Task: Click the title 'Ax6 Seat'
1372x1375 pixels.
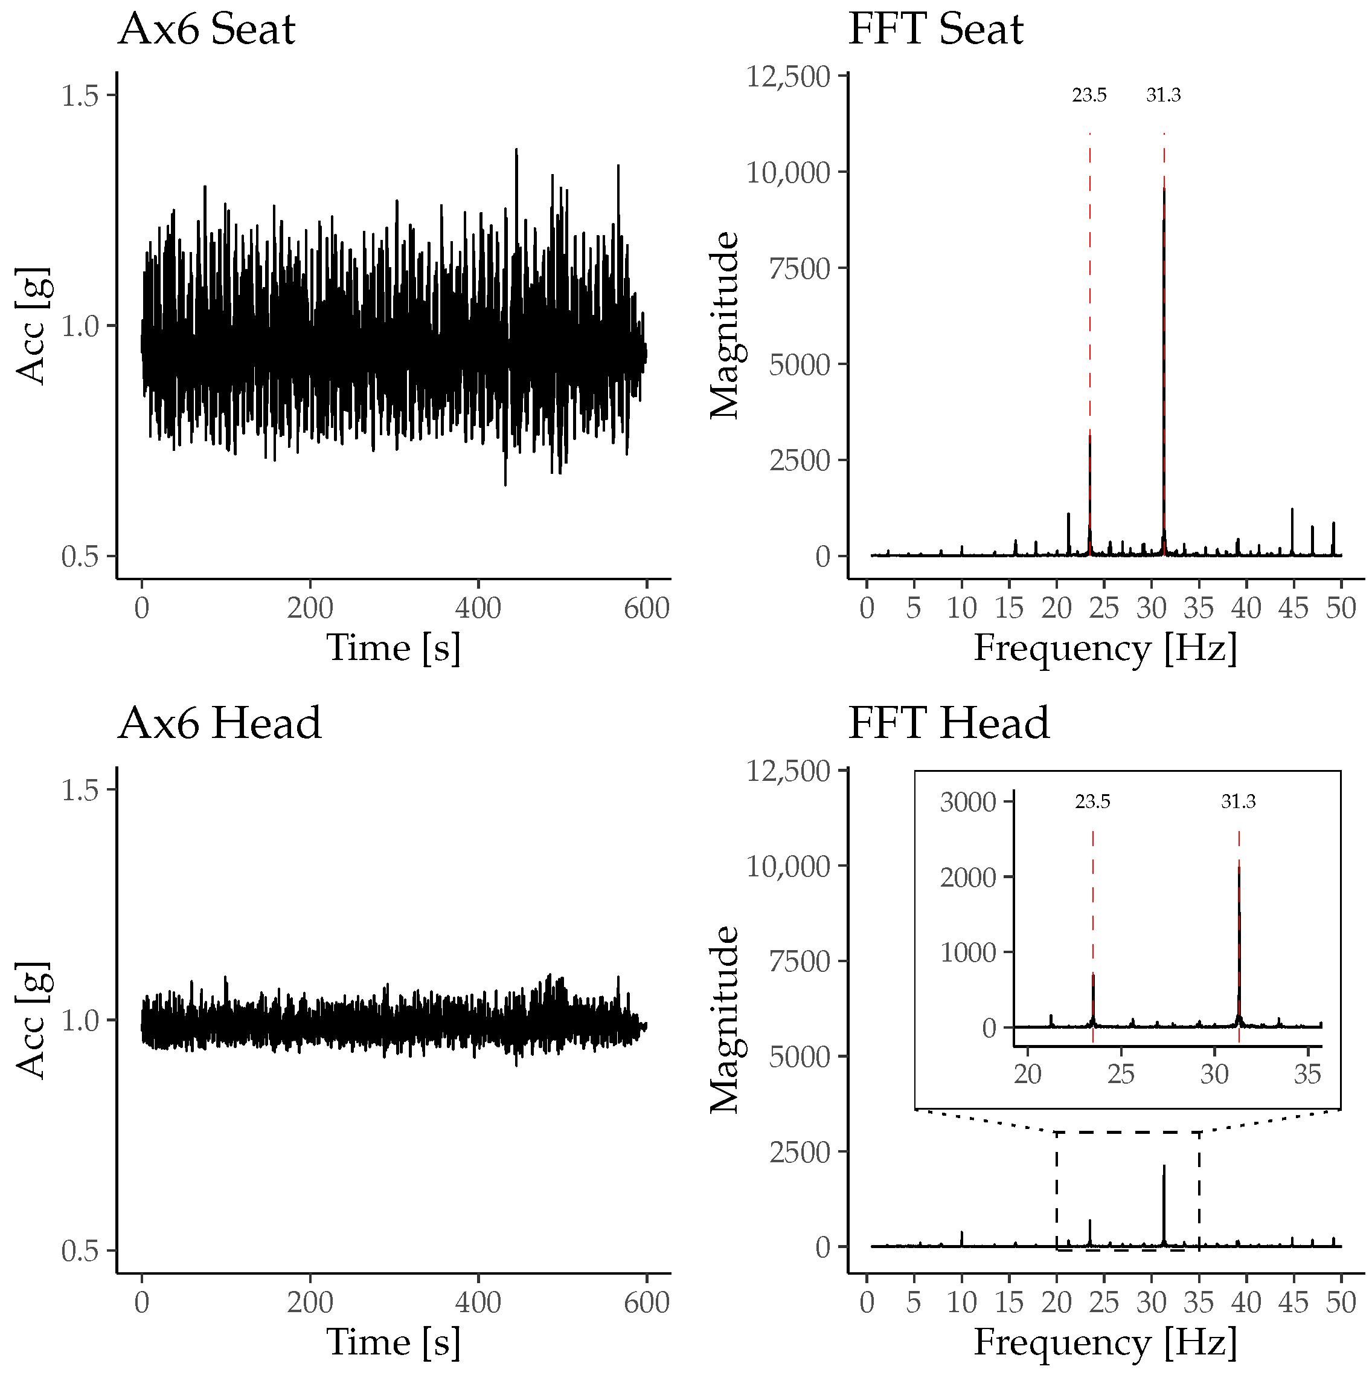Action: pyautogui.click(x=207, y=31)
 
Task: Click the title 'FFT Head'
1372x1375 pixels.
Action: pyautogui.click(x=948, y=724)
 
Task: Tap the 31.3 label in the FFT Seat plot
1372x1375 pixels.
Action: pyautogui.click(x=1163, y=95)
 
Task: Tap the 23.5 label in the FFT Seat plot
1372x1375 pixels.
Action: pyautogui.click(x=1089, y=95)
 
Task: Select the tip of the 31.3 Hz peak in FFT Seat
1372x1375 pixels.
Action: pyautogui.click(x=1164, y=189)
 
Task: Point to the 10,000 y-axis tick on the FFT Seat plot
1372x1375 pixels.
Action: pyautogui.click(x=787, y=173)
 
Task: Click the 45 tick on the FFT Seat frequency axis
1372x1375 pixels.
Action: pyautogui.click(x=1292, y=609)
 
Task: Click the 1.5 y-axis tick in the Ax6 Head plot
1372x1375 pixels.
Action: pyautogui.click(x=79, y=791)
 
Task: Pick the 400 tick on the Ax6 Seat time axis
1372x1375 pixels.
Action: pyautogui.click(x=478, y=609)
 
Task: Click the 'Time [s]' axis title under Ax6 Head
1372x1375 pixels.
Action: pyautogui.click(x=393, y=1342)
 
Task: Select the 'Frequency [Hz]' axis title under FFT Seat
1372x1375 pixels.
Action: pyautogui.click(x=1104, y=649)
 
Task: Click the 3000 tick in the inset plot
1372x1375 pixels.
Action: pyautogui.click(x=967, y=803)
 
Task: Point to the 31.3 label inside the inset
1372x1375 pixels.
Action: pyautogui.click(x=1239, y=802)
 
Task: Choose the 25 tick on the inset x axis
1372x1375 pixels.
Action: pyautogui.click(x=1121, y=1074)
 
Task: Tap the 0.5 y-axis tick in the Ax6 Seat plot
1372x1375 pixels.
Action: pyautogui.click(x=79, y=557)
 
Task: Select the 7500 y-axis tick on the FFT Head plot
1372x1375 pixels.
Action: pyautogui.click(x=800, y=962)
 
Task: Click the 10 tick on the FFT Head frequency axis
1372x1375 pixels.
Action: pyautogui.click(x=961, y=1303)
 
